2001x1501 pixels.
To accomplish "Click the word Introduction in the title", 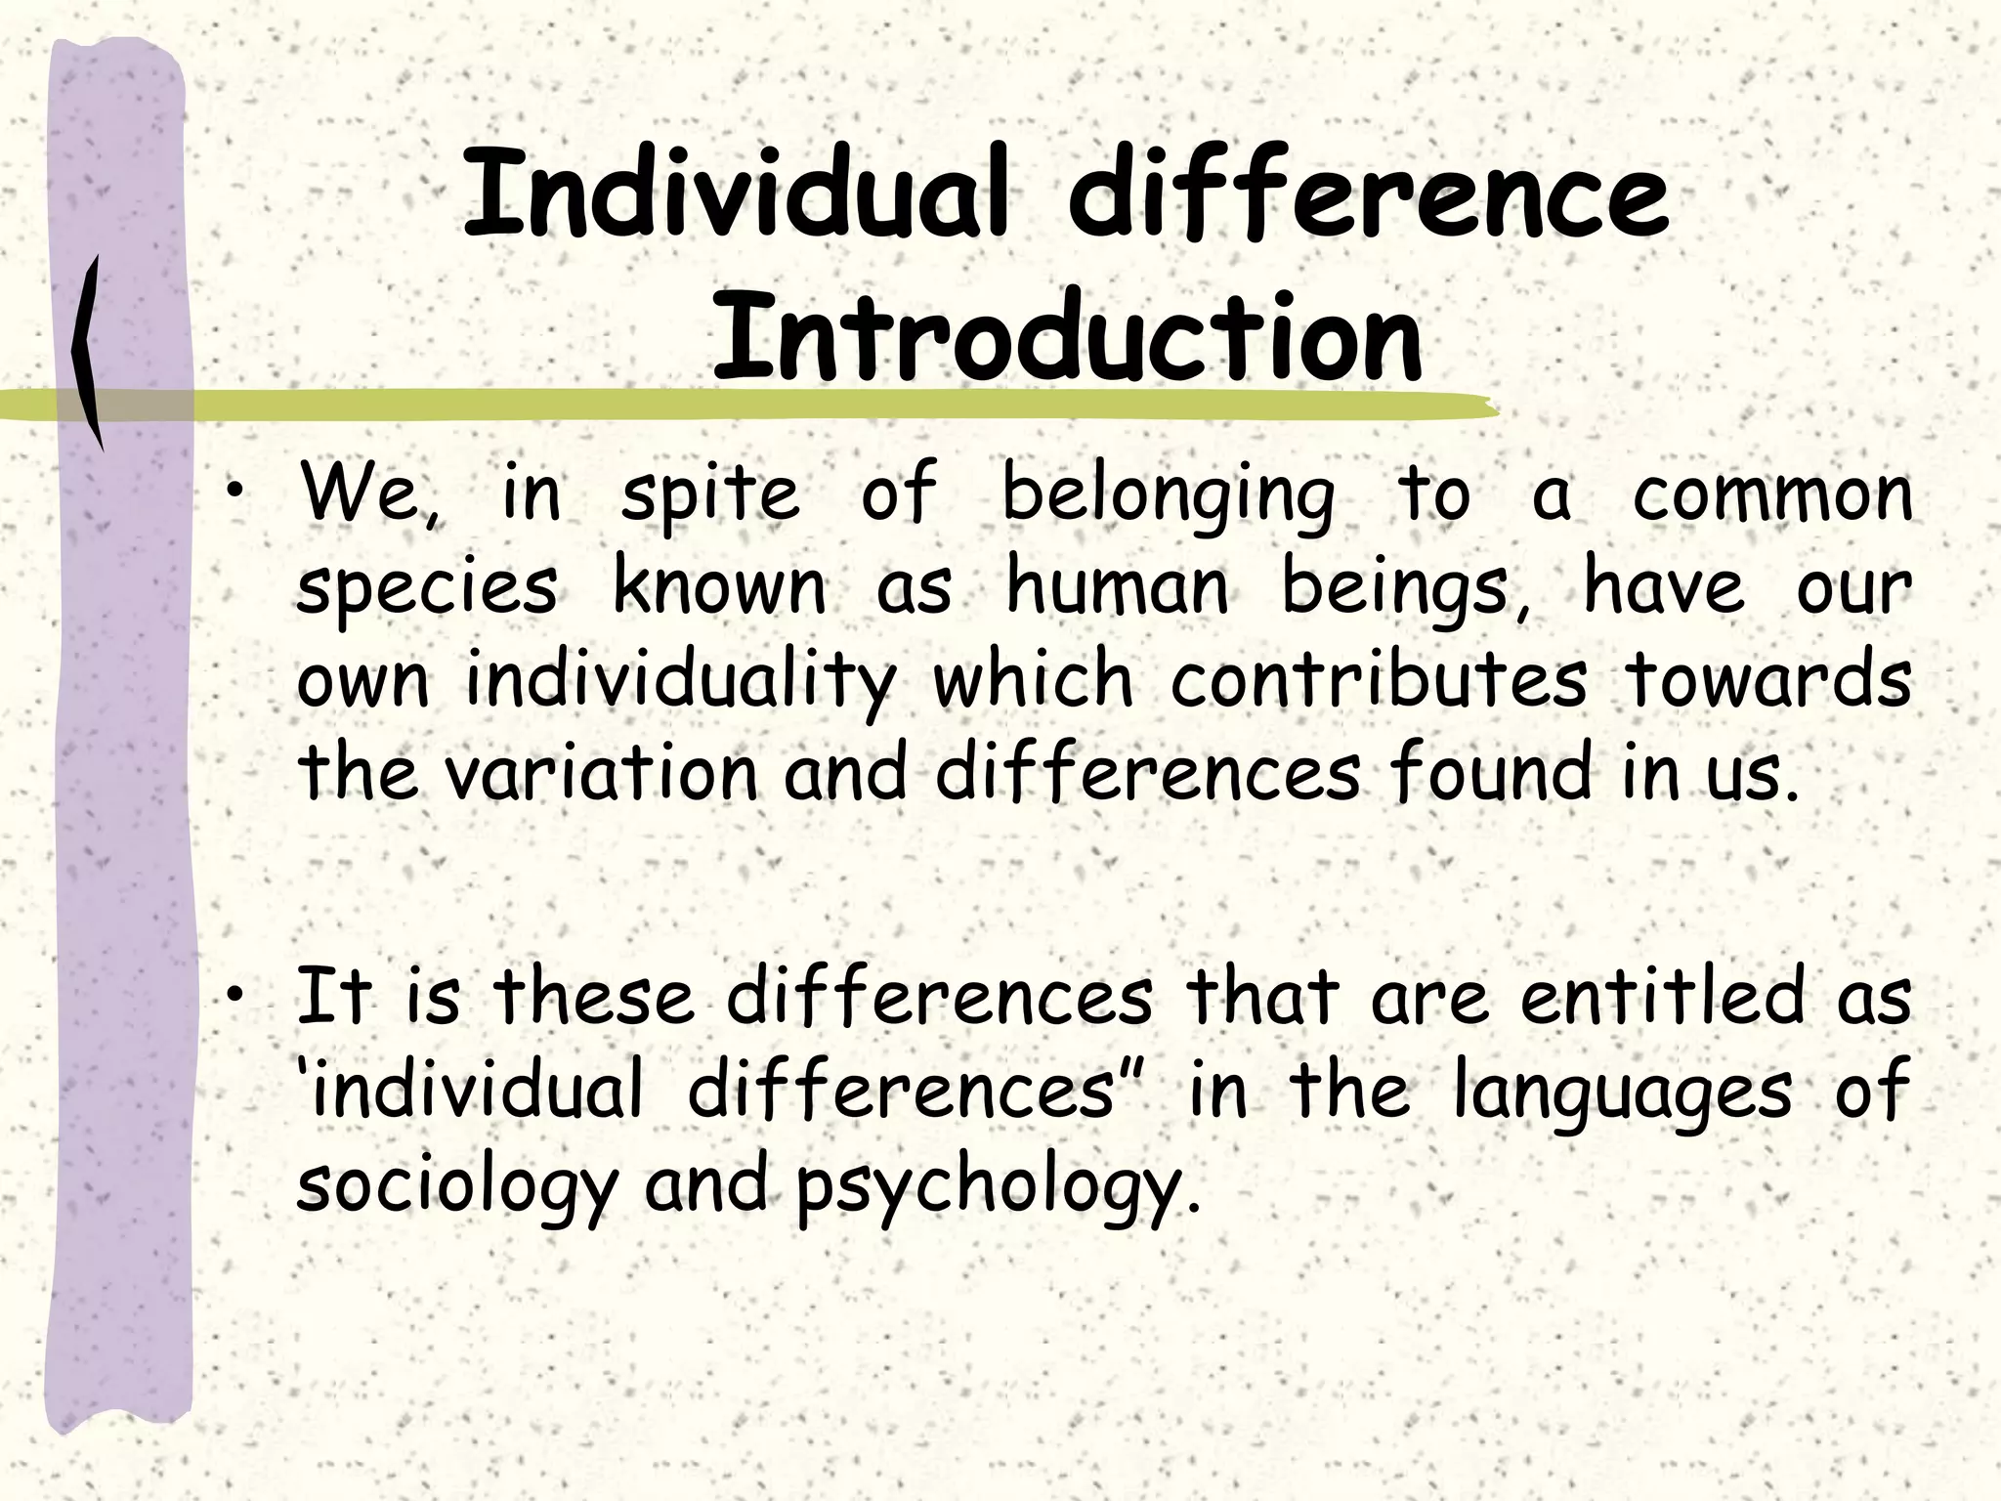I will pos(1067,337).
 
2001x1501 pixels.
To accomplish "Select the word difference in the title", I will pos(1368,194).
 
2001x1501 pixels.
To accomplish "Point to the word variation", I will pos(601,772).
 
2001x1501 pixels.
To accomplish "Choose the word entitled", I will pos(1662,996).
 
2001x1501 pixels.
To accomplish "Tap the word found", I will pos(1490,772).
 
